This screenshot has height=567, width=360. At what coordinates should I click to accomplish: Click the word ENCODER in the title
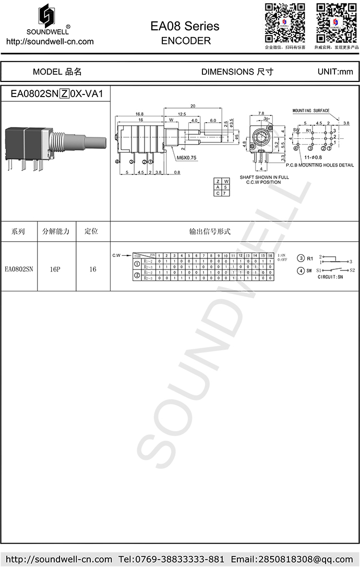click(186, 41)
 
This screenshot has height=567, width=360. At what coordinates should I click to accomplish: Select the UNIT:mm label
click(335, 72)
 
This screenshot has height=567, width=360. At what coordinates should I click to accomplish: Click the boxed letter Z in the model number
click(65, 94)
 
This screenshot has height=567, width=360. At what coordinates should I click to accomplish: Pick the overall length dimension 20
click(193, 106)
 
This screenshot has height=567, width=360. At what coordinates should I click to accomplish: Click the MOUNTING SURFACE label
click(310, 111)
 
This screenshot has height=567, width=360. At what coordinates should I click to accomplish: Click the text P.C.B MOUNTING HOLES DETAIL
click(319, 165)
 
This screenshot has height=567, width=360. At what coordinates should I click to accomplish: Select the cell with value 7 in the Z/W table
click(225, 193)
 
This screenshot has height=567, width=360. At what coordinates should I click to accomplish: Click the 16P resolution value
click(55, 269)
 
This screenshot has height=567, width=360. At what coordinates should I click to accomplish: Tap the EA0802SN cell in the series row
click(19, 269)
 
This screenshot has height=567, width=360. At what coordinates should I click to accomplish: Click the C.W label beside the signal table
click(117, 255)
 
